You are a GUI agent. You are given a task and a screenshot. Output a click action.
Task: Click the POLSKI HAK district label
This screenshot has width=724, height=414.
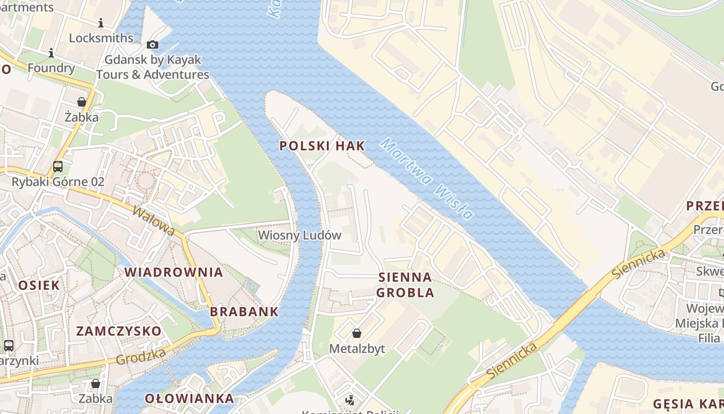[x=322, y=146]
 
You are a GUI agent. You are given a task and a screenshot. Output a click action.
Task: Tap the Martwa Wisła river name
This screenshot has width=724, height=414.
[x=427, y=179]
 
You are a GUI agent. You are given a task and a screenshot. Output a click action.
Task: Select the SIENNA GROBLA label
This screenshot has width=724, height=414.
[x=405, y=285]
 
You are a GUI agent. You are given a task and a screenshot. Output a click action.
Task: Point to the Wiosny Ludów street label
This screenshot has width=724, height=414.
[x=299, y=235]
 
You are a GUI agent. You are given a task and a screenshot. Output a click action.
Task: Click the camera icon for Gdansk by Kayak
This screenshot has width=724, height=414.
[x=152, y=45]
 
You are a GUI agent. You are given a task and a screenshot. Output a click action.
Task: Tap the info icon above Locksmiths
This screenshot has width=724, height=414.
[x=101, y=23]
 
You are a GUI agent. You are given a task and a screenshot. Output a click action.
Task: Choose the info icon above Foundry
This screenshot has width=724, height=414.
[x=51, y=53]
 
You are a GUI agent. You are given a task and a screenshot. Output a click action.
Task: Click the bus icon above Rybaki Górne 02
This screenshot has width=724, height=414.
[x=58, y=167]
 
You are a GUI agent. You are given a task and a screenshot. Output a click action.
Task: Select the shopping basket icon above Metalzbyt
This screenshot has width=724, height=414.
[x=357, y=333]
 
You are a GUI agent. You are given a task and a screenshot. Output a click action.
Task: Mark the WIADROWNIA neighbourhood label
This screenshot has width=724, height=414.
[x=174, y=272]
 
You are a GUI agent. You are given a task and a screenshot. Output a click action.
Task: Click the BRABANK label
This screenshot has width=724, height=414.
[x=244, y=312]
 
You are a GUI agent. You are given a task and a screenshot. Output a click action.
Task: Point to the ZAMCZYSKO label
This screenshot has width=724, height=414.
[x=119, y=331]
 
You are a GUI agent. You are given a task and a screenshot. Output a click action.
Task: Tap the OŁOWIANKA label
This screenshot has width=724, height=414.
[x=189, y=399]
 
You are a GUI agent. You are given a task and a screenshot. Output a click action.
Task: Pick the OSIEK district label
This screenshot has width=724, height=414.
[x=39, y=285]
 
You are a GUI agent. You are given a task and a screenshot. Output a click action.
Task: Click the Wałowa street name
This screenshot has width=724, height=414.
[x=154, y=221]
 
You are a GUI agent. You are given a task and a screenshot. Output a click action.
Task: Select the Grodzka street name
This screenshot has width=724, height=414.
[x=141, y=356]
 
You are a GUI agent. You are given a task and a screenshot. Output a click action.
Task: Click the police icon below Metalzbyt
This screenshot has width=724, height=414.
[x=350, y=400]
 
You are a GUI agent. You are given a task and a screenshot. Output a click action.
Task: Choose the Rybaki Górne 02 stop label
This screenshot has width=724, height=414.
[x=58, y=182]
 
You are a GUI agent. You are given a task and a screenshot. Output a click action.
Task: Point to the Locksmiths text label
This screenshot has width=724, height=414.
[x=101, y=38]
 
